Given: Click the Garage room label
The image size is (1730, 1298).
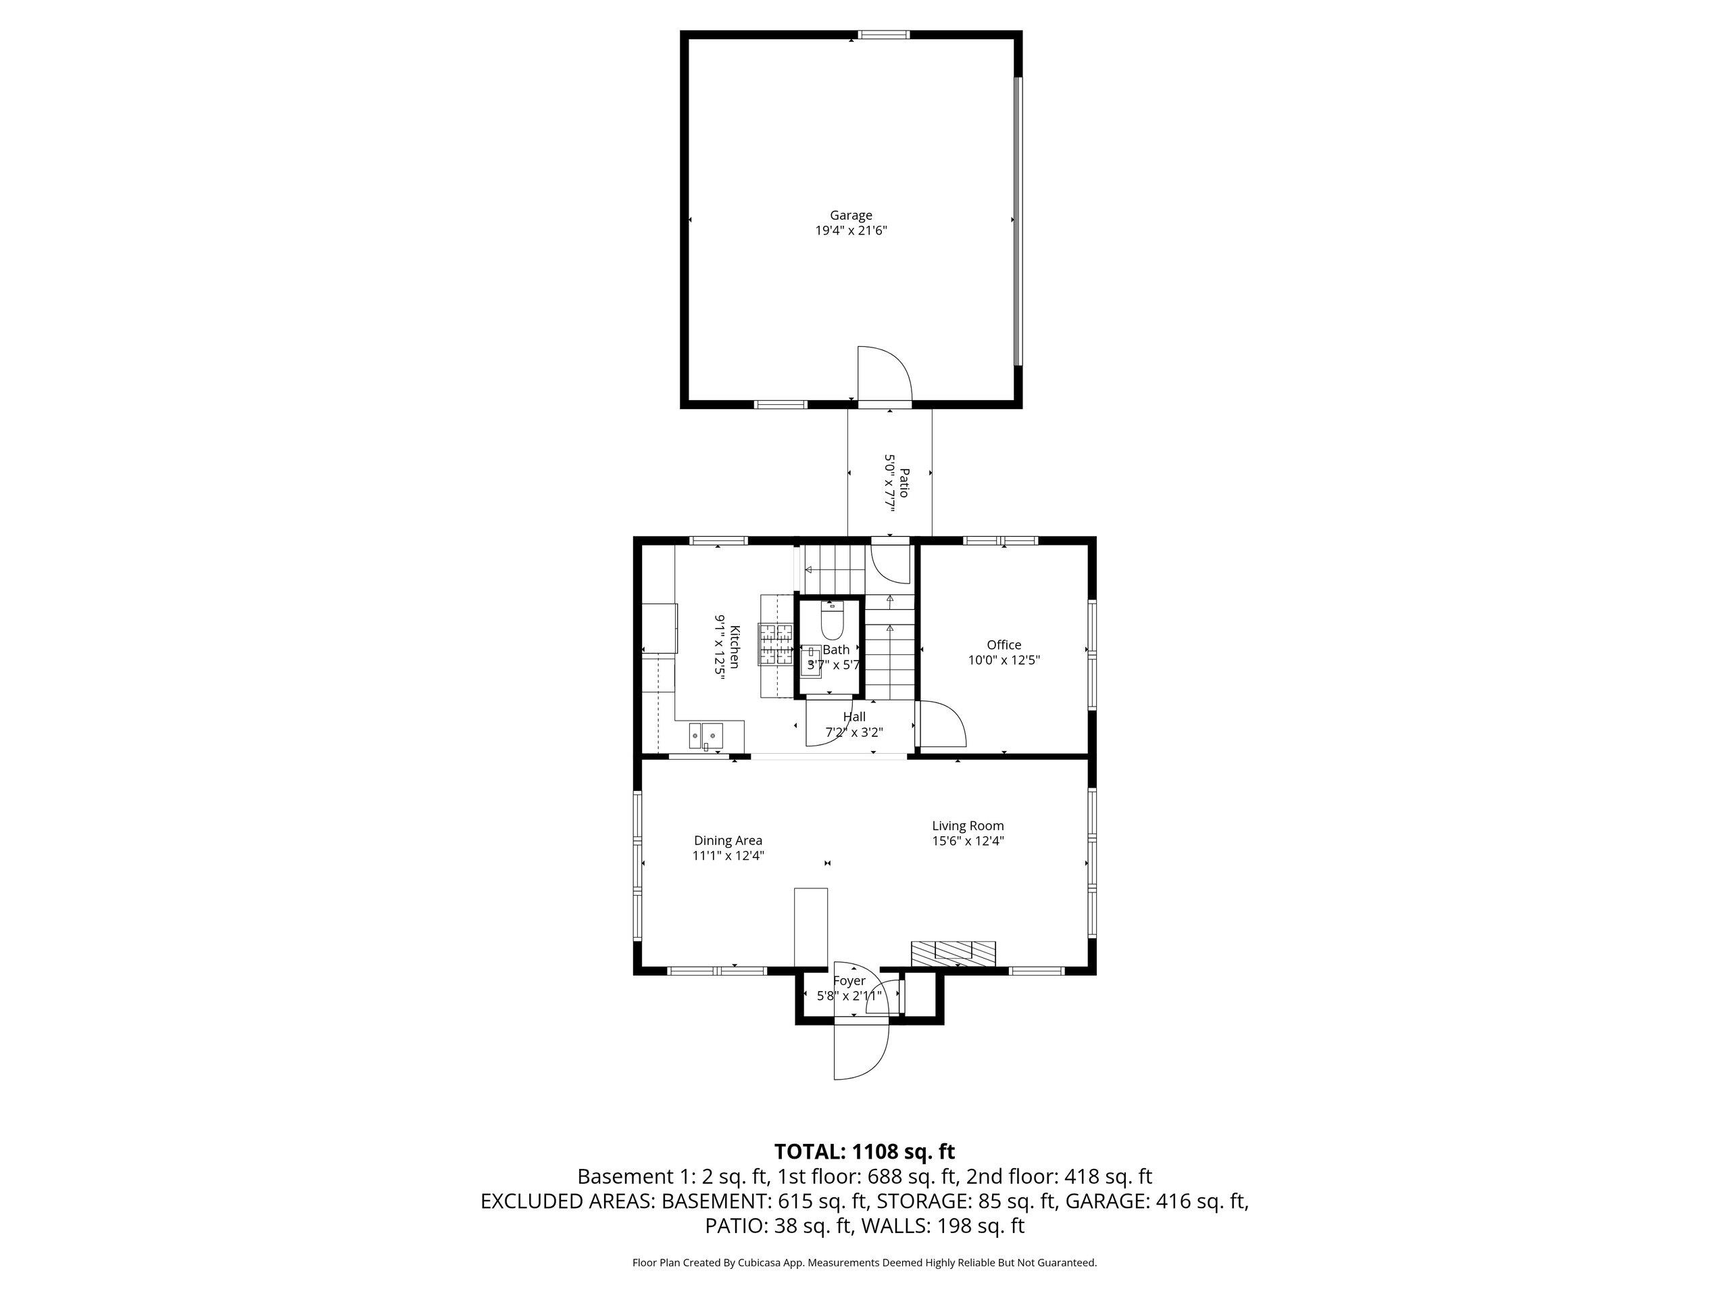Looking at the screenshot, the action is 851,215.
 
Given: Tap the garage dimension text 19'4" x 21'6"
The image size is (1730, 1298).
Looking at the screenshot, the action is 851,231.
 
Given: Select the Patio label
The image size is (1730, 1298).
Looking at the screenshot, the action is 904,483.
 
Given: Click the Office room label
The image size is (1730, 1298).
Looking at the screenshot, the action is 1004,645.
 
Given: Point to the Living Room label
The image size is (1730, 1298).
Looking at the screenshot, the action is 968,825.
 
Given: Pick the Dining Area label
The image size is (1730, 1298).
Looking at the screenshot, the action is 728,840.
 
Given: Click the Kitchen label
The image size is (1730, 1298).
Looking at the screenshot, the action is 735,646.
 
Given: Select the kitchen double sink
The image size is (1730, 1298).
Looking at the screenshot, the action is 706,736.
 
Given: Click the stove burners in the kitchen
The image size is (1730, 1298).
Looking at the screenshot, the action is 776,644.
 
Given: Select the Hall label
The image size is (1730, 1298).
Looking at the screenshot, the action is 854,717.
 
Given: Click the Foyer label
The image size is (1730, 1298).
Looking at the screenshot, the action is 849,980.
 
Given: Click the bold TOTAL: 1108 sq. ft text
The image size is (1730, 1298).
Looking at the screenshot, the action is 864,1152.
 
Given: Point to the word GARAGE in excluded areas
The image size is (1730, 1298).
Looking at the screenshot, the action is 1107,1201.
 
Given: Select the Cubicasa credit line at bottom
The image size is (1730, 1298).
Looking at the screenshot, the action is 864,1262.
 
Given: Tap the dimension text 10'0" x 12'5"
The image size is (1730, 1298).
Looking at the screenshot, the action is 1004,660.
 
